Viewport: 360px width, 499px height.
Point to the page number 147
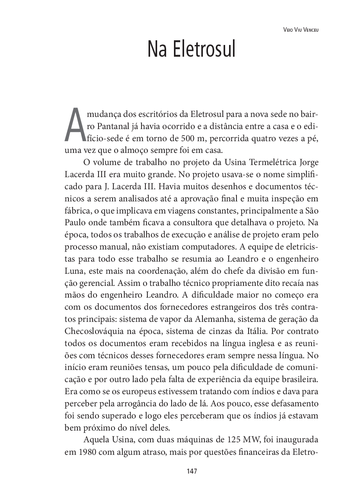click(192, 471)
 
